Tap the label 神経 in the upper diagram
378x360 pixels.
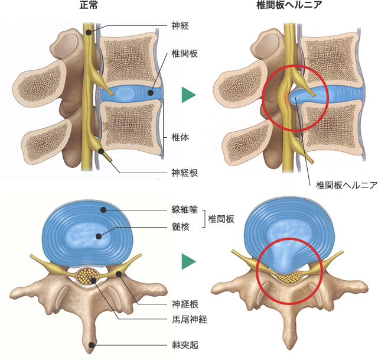click(x=180, y=26)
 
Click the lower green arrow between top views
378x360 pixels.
click(x=188, y=261)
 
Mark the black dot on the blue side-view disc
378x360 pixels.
click(x=151, y=93)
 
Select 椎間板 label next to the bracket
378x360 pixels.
click(x=222, y=218)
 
